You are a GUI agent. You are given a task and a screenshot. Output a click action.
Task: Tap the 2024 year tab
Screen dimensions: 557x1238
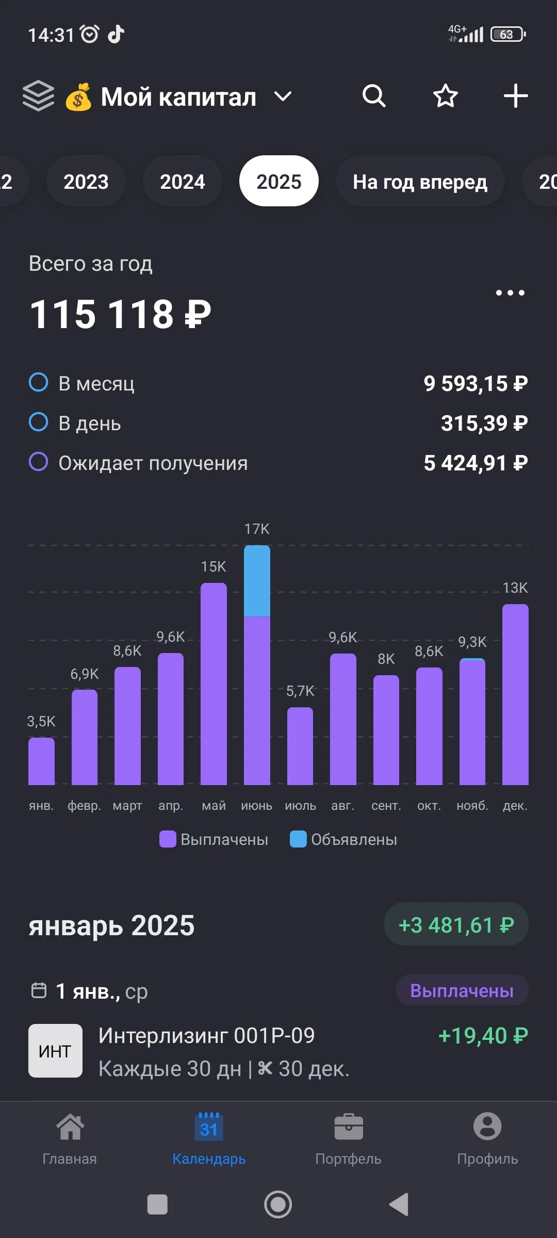[182, 181]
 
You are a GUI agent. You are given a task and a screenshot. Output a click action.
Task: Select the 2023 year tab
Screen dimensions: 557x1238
[86, 181]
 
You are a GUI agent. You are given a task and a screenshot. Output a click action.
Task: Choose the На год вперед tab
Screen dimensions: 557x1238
[420, 181]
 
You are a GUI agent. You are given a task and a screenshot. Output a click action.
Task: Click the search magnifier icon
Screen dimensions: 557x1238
[374, 96]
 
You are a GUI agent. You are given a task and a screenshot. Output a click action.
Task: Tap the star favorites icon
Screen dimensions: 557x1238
[445, 96]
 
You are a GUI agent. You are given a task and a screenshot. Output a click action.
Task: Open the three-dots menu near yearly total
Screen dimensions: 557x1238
[510, 292]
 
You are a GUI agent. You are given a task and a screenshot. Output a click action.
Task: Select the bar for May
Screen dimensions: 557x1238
[214, 683]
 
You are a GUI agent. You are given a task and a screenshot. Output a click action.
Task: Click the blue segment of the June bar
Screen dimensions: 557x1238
[257, 581]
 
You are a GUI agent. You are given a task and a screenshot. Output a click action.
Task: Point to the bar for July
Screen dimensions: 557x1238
[300, 746]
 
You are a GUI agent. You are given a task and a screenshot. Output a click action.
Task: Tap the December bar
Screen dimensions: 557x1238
[515, 694]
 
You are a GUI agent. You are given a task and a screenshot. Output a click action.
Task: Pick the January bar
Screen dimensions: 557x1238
[41, 761]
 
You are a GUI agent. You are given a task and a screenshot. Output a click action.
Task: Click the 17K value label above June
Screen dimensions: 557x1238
[257, 529]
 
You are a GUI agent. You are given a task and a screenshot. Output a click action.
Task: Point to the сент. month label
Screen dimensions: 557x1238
[386, 806]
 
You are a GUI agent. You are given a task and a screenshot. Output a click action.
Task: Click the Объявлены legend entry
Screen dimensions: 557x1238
[343, 839]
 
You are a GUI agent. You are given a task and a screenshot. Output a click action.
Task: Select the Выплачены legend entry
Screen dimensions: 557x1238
[214, 839]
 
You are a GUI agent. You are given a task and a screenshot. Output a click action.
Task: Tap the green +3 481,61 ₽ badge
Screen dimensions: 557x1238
[456, 925]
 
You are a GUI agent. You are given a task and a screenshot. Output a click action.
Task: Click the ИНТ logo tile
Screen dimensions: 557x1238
[55, 1051]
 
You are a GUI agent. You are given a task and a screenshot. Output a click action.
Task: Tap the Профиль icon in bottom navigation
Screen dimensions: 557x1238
[487, 1127]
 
